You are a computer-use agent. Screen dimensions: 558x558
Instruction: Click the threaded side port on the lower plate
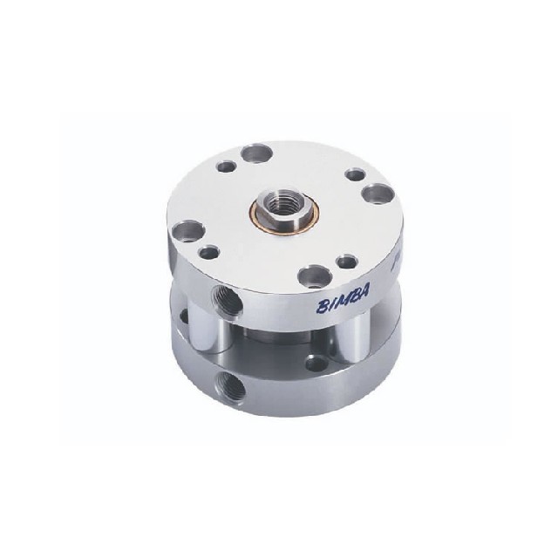[x=231, y=384]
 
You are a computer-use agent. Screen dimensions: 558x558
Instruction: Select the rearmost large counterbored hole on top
[x=257, y=153]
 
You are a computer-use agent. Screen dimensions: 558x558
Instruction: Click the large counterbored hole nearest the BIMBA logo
[x=315, y=277]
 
